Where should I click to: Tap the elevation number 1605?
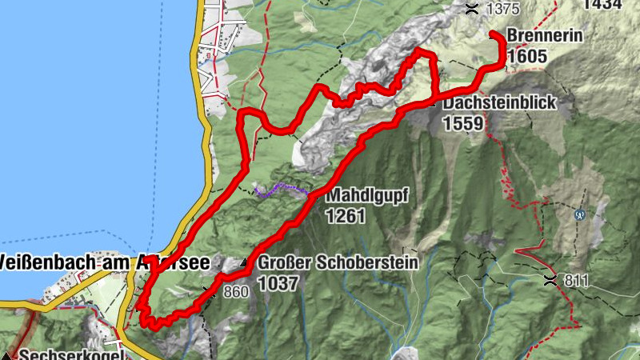click(x=528, y=56)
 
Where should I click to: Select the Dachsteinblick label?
click(x=498, y=103)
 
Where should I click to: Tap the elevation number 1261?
click(x=346, y=215)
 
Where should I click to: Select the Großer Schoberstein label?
click(x=338, y=262)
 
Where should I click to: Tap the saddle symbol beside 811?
click(x=550, y=279)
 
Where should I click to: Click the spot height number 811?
click(x=575, y=281)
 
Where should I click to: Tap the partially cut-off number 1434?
click(x=604, y=5)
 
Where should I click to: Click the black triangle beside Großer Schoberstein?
click(x=245, y=262)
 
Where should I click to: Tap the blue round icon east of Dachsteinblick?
click(x=580, y=214)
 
